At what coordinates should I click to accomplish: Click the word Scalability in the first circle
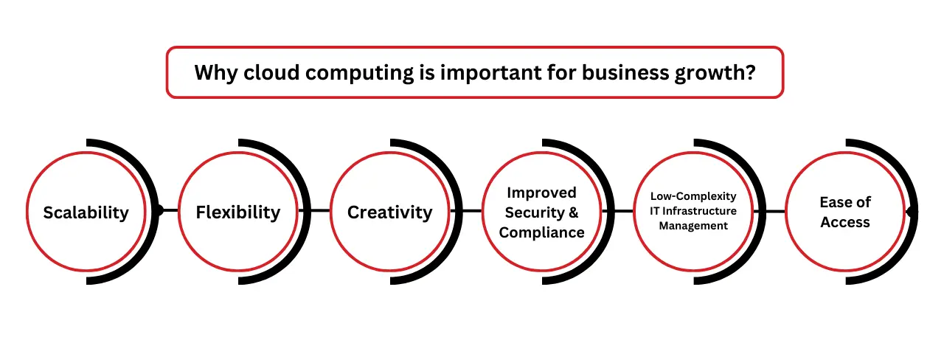coord(86,212)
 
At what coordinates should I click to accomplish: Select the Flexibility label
coord(237,212)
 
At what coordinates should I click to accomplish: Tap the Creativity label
coord(389,212)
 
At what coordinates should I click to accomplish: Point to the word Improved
coord(541,193)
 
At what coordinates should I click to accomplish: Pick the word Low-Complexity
coord(693,196)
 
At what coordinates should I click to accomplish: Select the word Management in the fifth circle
coord(693,226)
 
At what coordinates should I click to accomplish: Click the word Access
coord(845,222)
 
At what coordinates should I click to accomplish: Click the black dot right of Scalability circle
coord(157,210)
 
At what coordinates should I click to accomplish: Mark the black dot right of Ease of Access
coord(912,212)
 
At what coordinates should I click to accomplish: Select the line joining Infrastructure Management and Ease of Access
coord(773,212)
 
